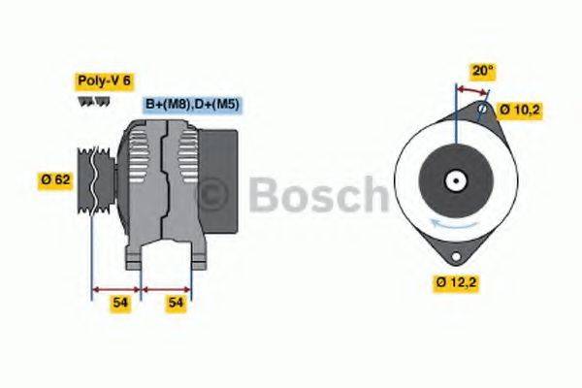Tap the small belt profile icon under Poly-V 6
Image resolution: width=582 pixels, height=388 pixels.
click(89, 101)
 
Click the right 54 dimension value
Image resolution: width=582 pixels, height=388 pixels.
click(176, 304)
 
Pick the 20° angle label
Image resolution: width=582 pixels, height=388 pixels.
click(481, 71)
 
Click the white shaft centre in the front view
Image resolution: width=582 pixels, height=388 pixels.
click(454, 181)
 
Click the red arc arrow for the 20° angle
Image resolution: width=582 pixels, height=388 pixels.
click(471, 90)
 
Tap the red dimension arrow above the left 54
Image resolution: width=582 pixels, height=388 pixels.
click(115, 288)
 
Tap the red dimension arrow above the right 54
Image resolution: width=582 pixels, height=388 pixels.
click(166, 288)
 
